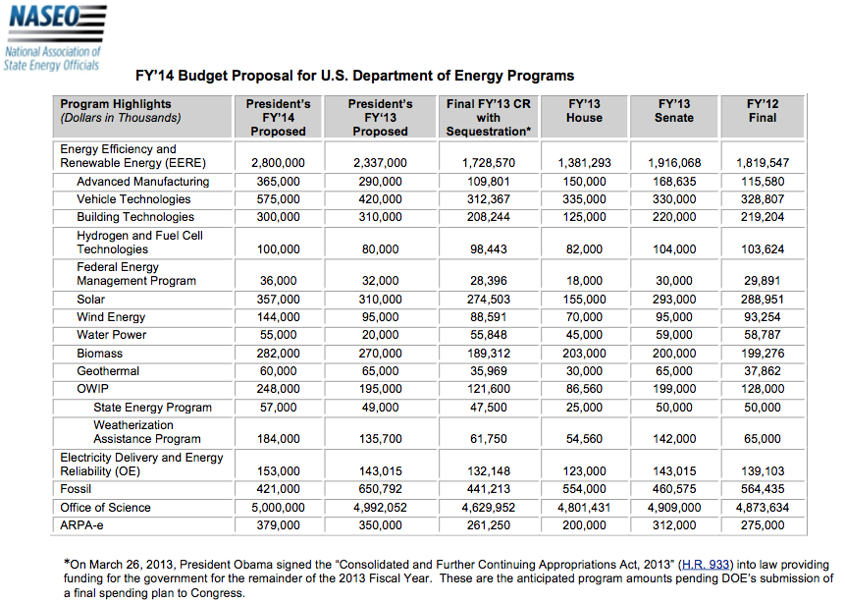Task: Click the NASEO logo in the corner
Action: point(54,37)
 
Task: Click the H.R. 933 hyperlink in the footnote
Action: point(706,564)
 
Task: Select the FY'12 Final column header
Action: point(763,111)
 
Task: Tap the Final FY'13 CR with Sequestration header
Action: point(488,118)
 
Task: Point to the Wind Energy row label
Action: point(111,317)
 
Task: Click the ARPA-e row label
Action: point(81,524)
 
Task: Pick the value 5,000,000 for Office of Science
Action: point(278,508)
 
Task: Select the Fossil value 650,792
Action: point(381,489)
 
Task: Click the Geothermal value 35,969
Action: point(488,371)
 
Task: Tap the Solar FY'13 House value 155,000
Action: point(584,300)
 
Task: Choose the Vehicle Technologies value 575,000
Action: point(278,199)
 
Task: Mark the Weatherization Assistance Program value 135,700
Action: point(381,439)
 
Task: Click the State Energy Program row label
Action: point(152,408)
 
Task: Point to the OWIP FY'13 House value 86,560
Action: point(584,389)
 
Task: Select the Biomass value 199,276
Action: point(763,354)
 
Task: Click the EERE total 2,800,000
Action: point(278,163)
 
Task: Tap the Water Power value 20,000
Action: point(381,335)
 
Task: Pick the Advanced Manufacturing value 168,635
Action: point(674,182)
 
